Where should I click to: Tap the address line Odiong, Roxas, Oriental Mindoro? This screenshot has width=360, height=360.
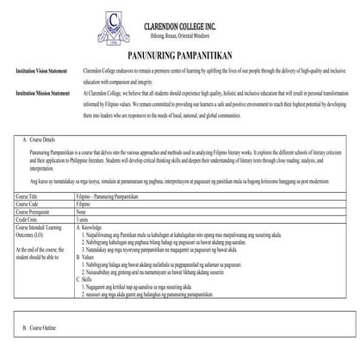coord(183,28)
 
